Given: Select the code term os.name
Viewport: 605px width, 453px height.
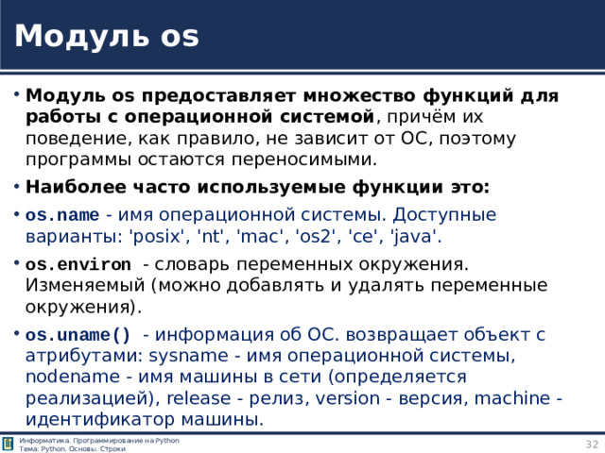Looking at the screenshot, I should point(60,214).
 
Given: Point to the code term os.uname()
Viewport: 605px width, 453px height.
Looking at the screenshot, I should point(78,334).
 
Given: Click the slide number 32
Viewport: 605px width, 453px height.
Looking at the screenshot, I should point(592,444).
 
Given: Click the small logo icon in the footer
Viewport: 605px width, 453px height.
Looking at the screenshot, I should point(9,445).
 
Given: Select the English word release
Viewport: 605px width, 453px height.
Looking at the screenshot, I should point(198,397).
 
